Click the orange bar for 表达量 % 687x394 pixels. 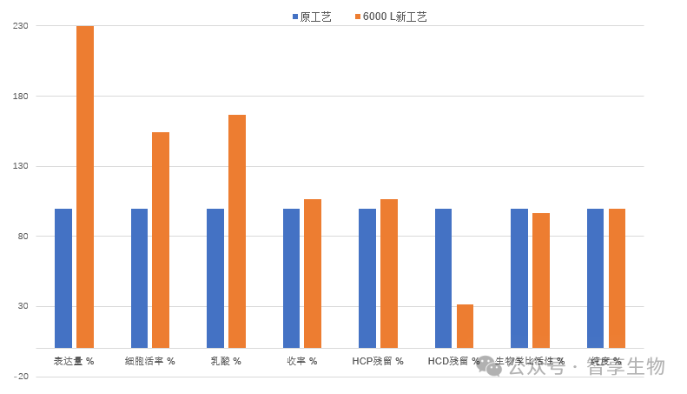pyautogui.click(x=84, y=187)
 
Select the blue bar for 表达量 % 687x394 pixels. pyautogui.click(x=63, y=278)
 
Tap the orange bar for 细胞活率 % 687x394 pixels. pyautogui.click(x=161, y=240)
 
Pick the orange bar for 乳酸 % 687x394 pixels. pyautogui.click(x=237, y=231)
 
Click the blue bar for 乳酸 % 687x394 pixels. pyautogui.click(x=215, y=278)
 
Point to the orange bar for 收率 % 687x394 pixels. pyautogui.click(x=313, y=274)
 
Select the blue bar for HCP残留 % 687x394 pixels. pyautogui.click(x=367, y=278)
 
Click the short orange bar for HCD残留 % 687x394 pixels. pyautogui.click(x=465, y=326)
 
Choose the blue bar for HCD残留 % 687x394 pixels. pyautogui.click(x=443, y=278)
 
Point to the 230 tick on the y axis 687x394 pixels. pyautogui.click(x=21, y=26)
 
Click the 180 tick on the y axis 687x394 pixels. pyautogui.click(x=21, y=96)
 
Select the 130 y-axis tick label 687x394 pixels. pyautogui.click(x=21, y=166)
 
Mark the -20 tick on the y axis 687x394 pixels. pyautogui.click(x=21, y=377)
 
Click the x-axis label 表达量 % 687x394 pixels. pyautogui.click(x=74, y=361)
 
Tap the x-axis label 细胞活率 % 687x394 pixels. pyautogui.click(x=149, y=361)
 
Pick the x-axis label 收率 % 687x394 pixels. pyautogui.click(x=302, y=361)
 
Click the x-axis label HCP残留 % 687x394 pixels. pyautogui.click(x=378, y=361)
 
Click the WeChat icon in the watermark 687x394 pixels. pyautogui.click(x=488, y=366)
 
